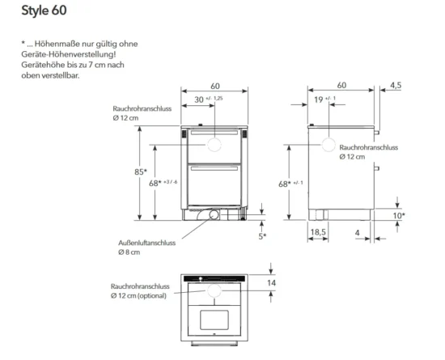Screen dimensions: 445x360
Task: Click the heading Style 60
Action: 44,11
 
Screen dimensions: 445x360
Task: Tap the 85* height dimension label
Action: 141,172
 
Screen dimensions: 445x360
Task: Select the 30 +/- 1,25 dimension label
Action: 208,100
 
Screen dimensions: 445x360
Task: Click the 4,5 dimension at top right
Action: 396,85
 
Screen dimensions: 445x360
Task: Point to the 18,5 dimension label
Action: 318,232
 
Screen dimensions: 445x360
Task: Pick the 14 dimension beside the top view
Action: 271,283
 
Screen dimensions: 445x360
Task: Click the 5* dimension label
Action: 262,236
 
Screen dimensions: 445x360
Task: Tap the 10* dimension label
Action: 399,216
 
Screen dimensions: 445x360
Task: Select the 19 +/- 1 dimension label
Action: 325,100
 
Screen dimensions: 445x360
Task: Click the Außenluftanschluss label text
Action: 146,243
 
